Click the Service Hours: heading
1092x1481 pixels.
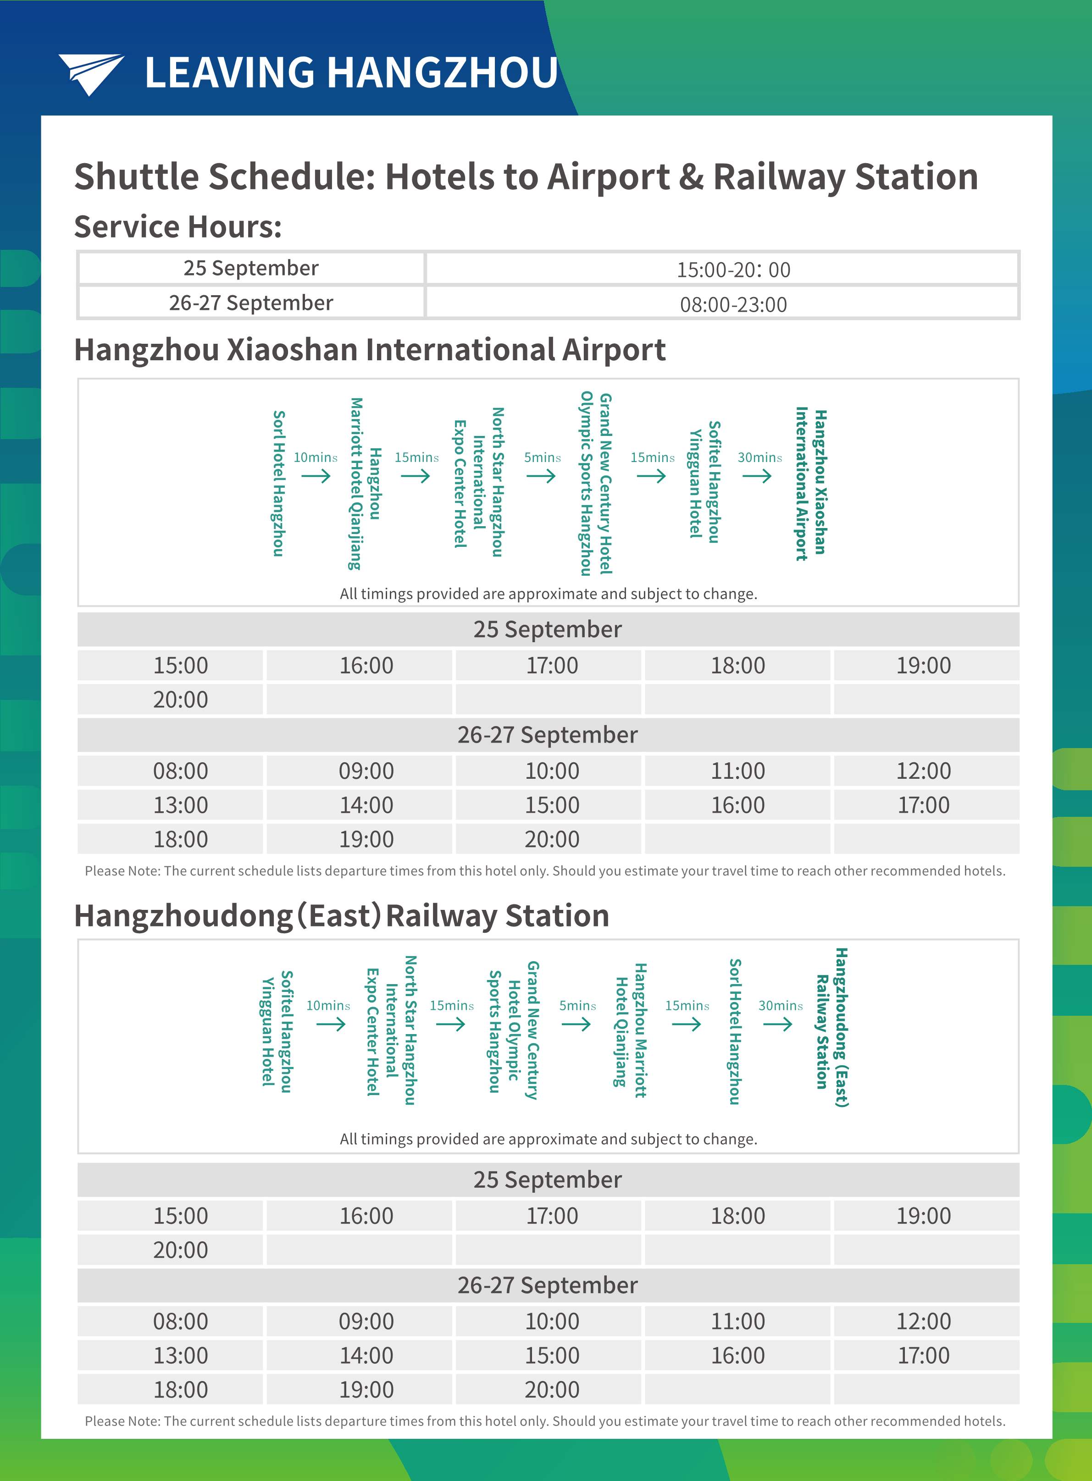point(178,226)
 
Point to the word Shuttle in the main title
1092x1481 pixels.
point(135,177)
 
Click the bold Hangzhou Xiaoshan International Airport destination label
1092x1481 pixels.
point(811,484)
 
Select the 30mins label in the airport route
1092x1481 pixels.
point(759,457)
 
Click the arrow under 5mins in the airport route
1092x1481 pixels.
point(541,476)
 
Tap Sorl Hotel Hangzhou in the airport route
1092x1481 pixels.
point(279,484)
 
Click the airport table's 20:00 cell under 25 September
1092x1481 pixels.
point(180,699)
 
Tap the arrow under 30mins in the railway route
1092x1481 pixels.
point(777,1024)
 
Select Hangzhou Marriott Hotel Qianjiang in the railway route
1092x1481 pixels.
point(631,1030)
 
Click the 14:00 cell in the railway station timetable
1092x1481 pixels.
point(366,1355)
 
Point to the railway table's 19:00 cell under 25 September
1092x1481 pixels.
point(923,1216)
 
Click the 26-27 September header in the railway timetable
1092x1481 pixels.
point(547,1285)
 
